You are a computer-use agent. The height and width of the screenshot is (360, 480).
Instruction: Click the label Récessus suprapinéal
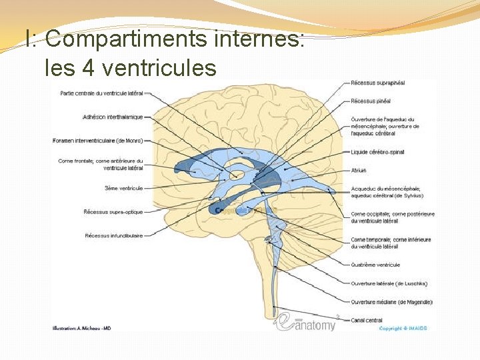point(378,83)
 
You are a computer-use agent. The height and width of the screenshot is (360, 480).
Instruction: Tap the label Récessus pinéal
point(371,101)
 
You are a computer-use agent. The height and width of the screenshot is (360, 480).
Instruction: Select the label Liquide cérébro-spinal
point(377,152)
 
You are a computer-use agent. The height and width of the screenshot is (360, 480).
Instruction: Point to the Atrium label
point(359,170)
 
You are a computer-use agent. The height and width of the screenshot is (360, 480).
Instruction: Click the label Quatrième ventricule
point(375,265)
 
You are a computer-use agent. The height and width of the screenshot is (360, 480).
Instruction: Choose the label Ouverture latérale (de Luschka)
point(389,283)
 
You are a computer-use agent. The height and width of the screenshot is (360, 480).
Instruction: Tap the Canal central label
point(366,320)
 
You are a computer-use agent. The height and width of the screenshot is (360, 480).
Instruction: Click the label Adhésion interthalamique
point(113,117)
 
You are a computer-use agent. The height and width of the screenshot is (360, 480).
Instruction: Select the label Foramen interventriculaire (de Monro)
point(97,141)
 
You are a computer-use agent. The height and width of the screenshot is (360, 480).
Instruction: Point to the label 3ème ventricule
point(123,188)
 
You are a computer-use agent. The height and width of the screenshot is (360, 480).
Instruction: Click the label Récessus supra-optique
point(113,212)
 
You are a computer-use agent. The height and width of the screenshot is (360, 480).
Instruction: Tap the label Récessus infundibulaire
point(113,235)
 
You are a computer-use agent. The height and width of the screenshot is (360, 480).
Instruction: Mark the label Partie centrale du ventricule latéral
point(101,93)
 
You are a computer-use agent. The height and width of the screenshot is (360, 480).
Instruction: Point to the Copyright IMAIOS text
point(403,328)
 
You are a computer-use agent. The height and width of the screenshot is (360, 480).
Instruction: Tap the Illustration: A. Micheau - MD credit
point(82,328)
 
